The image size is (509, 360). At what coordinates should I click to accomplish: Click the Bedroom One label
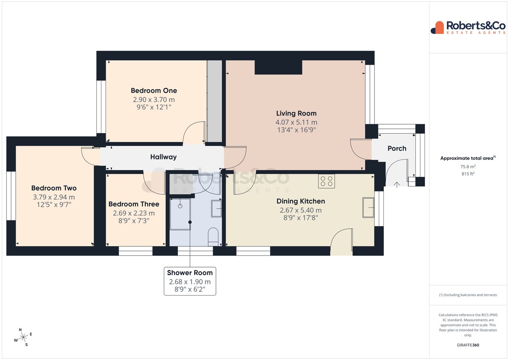(154, 91)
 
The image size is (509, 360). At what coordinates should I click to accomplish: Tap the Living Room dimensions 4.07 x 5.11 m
(296, 123)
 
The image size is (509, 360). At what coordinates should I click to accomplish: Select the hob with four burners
(326, 181)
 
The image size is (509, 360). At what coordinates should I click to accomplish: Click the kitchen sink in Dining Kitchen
(368, 208)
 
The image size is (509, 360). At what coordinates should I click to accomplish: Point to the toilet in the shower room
(213, 237)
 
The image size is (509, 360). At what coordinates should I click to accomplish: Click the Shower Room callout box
(190, 281)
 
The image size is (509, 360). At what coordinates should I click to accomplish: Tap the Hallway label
(163, 157)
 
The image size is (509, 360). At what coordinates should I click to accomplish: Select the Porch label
(397, 148)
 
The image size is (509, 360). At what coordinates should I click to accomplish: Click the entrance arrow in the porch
(397, 184)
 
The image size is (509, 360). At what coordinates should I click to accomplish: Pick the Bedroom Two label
(54, 188)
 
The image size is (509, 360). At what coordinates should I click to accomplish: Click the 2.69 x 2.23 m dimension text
(134, 213)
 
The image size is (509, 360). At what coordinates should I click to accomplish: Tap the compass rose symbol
(23, 337)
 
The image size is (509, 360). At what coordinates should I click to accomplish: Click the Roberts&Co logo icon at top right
(437, 28)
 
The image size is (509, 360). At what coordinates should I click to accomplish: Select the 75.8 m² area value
(468, 167)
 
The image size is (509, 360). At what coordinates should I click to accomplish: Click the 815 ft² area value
(468, 174)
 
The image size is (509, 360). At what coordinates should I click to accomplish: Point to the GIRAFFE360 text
(468, 345)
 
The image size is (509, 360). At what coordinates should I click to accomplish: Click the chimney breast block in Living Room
(278, 67)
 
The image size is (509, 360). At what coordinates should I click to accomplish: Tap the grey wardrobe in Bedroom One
(215, 101)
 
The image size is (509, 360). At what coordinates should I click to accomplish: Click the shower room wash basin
(217, 209)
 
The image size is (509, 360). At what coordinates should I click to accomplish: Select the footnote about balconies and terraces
(468, 295)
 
